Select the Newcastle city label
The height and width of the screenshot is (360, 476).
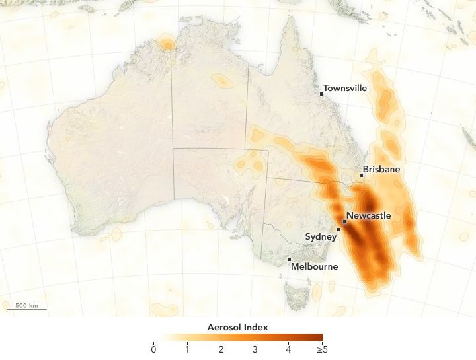[369, 216]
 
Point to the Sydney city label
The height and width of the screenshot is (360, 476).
[320, 236]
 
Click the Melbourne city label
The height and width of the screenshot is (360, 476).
[314, 267]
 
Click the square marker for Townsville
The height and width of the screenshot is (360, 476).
[322, 94]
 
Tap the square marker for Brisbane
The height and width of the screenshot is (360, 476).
[362, 176]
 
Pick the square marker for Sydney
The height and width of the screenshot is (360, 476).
[339, 230]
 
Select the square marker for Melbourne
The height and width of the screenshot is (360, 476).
[290, 259]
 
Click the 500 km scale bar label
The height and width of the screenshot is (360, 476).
[26, 305]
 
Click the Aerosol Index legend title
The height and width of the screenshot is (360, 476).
[238, 327]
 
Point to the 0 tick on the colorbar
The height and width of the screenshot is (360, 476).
[153, 349]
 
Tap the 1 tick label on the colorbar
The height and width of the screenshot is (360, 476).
[187, 349]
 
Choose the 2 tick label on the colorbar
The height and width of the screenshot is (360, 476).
[221, 349]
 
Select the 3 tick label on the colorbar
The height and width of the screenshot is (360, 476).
[255, 349]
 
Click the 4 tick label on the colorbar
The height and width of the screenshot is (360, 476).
[288, 349]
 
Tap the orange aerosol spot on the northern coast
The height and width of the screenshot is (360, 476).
[167, 44]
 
